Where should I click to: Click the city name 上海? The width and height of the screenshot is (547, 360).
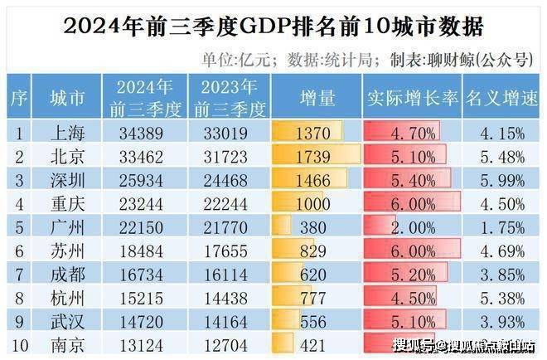click(x=66, y=133)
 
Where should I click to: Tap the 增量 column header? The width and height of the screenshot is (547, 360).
click(x=316, y=98)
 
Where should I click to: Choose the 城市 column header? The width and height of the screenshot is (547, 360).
click(x=66, y=98)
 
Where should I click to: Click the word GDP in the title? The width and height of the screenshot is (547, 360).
click(x=262, y=27)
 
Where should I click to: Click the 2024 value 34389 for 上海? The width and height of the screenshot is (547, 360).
click(x=143, y=133)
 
